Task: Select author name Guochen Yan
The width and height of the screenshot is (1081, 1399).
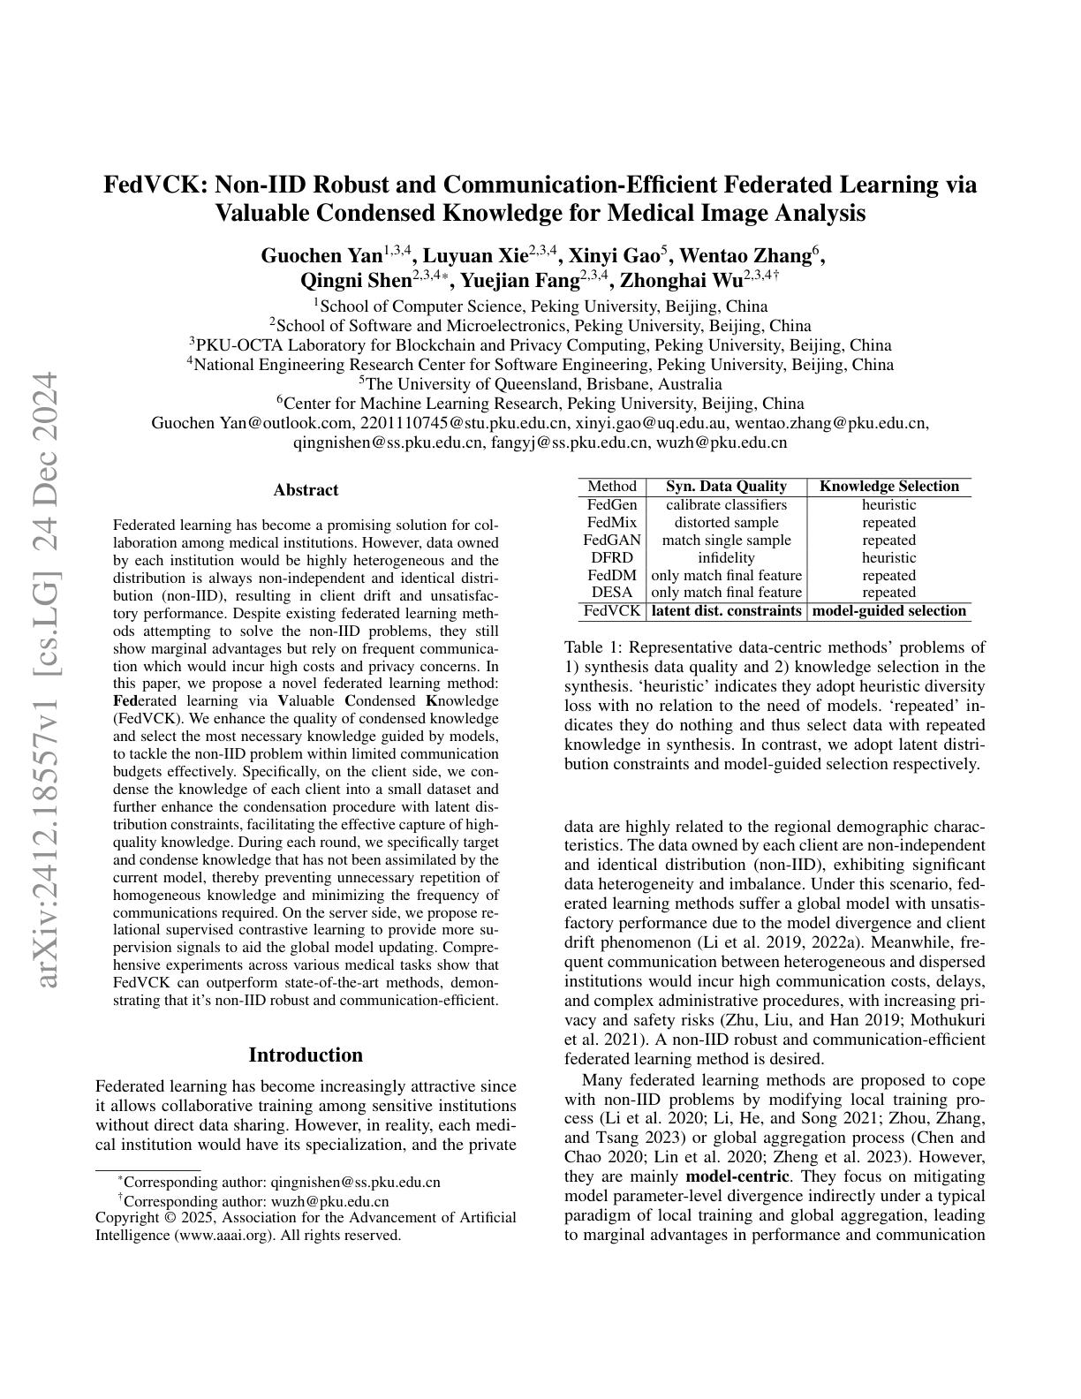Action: [x=321, y=256]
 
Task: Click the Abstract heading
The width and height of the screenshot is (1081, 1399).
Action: [x=306, y=490]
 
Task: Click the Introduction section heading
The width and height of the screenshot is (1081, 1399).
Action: [x=306, y=1055]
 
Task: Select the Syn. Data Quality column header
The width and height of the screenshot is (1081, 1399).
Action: [x=726, y=487]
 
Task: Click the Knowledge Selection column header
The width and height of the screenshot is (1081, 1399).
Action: [x=888, y=487]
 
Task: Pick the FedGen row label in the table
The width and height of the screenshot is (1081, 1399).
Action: [x=611, y=505]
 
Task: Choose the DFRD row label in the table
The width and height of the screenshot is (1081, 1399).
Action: [x=611, y=558]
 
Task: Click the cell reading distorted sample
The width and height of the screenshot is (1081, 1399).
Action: [x=726, y=523]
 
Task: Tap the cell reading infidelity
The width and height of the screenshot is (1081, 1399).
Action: [x=726, y=558]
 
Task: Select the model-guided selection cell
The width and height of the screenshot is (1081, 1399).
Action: [x=888, y=611]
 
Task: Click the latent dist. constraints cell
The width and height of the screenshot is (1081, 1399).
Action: [x=726, y=611]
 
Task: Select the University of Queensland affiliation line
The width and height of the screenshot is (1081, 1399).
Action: [x=540, y=384]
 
